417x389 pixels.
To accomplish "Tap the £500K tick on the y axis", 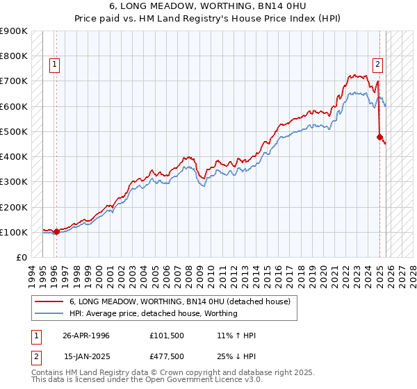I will pos(14,131).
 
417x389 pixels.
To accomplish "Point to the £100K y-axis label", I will pos(14,232).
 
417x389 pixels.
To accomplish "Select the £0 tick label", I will pos(21,257).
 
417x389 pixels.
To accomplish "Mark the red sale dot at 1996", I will pos(56,231).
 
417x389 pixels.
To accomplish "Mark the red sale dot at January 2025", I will pos(379,137).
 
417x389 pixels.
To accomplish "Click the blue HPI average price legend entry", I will pos(153,313).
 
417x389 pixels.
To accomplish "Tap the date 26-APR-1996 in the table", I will pos(86,336).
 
